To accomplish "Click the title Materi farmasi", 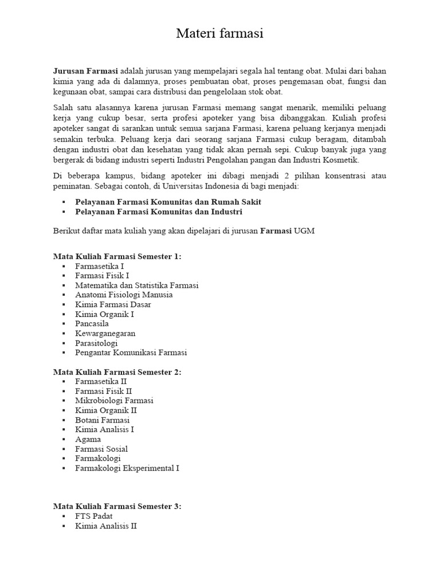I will (x=219, y=34).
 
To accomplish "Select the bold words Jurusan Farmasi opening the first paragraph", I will (x=85, y=71).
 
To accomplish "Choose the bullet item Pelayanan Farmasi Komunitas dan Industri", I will (x=158, y=212).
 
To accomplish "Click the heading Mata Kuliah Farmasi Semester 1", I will (x=117, y=256).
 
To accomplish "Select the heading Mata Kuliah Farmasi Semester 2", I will (x=117, y=372).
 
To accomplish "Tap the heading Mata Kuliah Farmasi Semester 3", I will (x=117, y=506).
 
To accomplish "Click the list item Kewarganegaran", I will (x=105, y=334).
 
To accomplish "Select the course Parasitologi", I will (x=96, y=343).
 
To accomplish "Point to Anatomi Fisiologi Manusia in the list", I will (x=123, y=295).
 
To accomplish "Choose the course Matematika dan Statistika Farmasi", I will (x=136, y=285).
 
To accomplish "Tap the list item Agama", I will (x=88, y=439).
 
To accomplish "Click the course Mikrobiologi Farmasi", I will (x=114, y=401).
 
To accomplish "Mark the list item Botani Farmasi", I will (x=102, y=420).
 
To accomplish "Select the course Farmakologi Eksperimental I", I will (x=127, y=468).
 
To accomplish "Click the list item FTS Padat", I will (x=93, y=516).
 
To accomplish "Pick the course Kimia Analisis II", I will (x=105, y=526).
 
